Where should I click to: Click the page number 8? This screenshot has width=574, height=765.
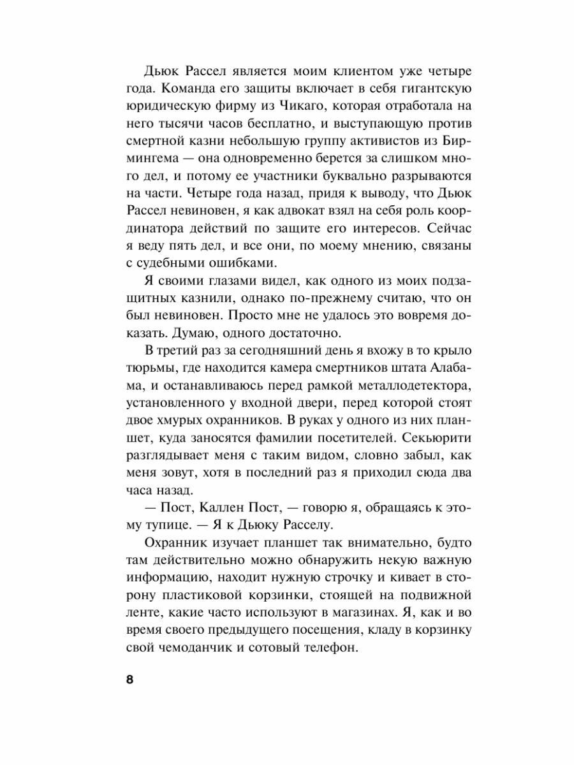click(129, 679)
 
